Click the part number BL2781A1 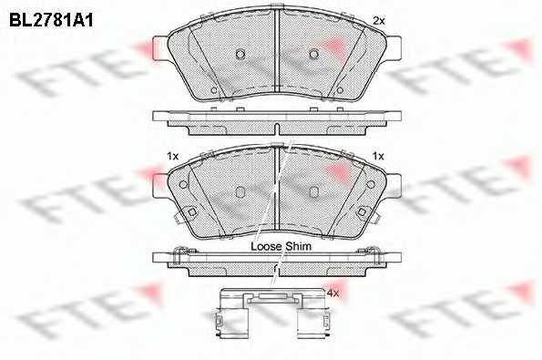point(51,20)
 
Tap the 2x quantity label point(379,21)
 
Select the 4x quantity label point(332,293)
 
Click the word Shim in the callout point(298,246)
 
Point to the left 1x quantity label point(172,157)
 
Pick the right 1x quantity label point(378,157)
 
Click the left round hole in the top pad point(240,54)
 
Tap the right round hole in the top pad point(314,54)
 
